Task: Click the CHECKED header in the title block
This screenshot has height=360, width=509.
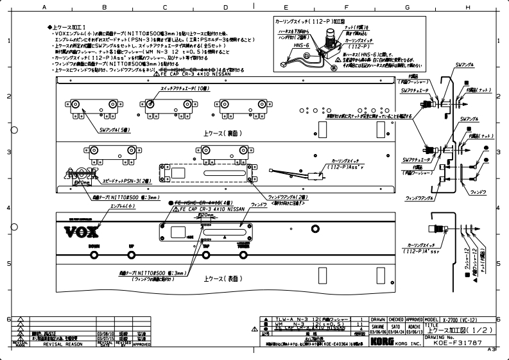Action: coord(396,319)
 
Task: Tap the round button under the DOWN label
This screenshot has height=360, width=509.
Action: coord(94,255)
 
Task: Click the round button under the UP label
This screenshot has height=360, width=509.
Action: coord(132,255)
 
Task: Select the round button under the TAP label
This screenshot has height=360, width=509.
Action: coord(206,255)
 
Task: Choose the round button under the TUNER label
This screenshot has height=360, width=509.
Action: coord(243,255)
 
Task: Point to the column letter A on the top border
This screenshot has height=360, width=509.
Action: coord(44,7)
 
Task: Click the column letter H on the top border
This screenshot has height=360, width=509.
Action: coord(467,7)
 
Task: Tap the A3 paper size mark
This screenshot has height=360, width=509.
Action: coord(492,349)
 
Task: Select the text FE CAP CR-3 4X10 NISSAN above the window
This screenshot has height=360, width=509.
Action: coord(208,209)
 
